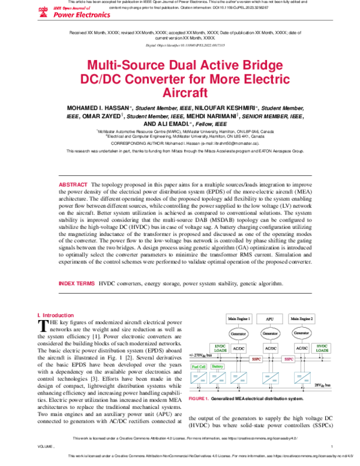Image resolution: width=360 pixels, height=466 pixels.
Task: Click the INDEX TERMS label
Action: (x=76, y=282)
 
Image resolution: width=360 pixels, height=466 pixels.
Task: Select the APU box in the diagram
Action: (x=269, y=317)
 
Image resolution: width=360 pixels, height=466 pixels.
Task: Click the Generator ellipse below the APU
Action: (x=269, y=332)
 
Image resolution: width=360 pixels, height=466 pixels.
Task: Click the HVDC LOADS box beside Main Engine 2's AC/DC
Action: (x=323, y=348)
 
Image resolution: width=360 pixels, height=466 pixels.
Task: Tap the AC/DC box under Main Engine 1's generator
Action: (x=239, y=348)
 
